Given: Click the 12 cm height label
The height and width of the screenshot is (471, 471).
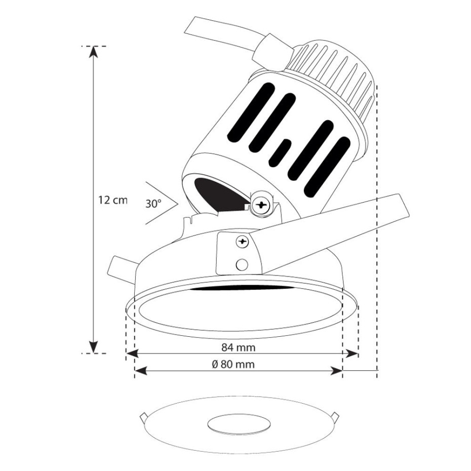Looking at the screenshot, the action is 113,200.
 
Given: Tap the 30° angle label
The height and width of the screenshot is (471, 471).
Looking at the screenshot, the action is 153,204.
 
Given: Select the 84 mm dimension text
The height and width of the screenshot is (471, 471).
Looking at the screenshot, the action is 239,347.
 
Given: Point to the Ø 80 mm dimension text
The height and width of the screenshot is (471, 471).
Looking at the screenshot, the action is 233,364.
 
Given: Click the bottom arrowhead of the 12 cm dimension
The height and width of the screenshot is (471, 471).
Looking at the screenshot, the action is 94,347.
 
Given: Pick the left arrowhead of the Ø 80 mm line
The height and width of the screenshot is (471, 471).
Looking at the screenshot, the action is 141,371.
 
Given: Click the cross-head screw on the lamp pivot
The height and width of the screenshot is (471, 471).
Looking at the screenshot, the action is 260,205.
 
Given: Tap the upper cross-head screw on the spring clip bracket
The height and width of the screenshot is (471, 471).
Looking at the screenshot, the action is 243,242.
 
